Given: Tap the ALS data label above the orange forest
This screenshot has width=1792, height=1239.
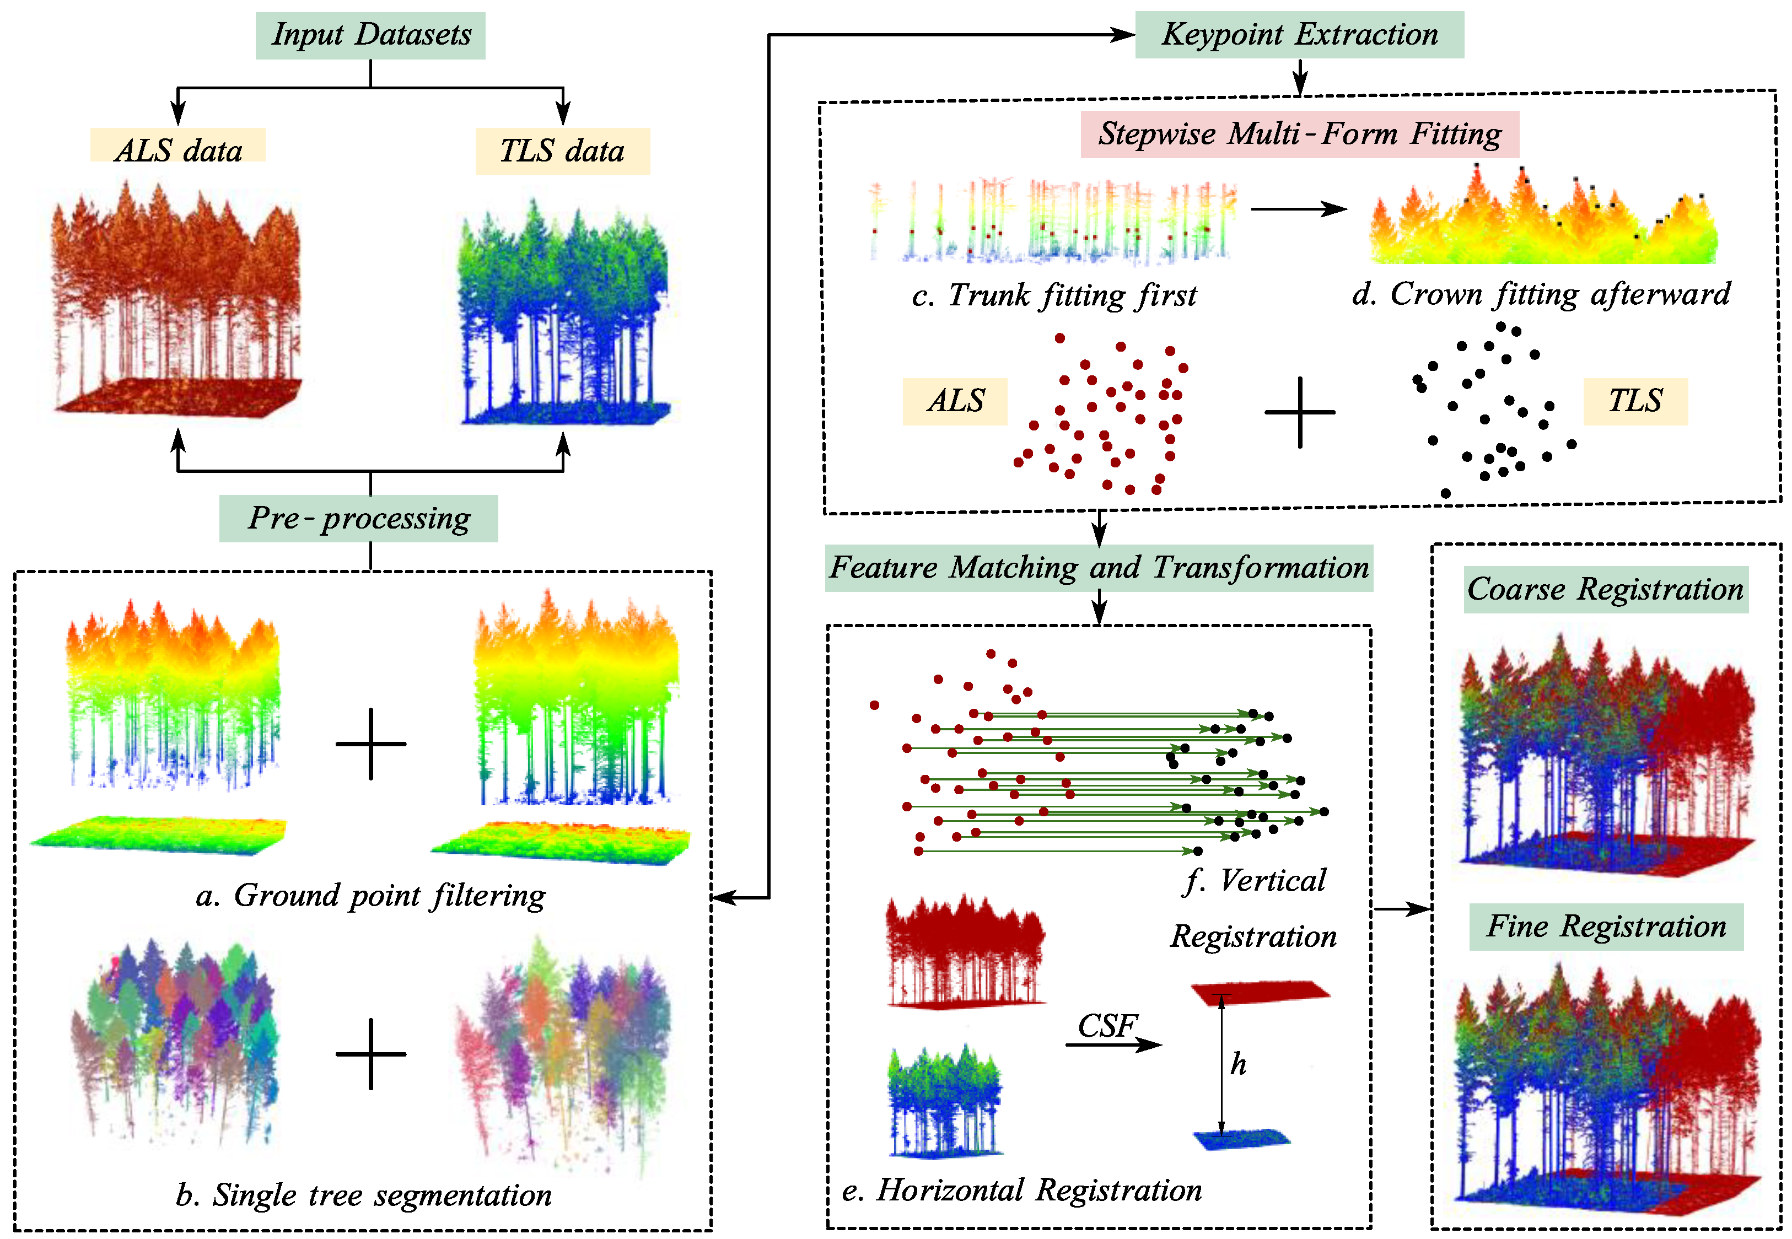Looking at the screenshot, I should (x=178, y=148).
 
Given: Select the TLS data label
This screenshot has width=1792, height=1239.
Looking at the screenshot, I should (x=562, y=150).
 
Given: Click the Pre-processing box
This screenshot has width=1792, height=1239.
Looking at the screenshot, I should (x=359, y=518).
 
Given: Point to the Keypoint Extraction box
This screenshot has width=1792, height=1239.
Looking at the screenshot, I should (x=1299, y=35).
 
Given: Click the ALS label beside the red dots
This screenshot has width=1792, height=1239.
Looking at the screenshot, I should (x=955, y=401).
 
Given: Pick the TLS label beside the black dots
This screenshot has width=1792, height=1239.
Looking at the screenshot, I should (x=1635, y=401).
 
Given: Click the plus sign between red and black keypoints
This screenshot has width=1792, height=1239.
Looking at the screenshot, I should (x=1300, y=412).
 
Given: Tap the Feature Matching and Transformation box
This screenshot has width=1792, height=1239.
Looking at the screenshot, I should (x=1099, y=568).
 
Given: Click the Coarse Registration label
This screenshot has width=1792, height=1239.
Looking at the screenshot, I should (x=1605, y=589).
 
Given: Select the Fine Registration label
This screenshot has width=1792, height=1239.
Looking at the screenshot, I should (x=1606, y=926).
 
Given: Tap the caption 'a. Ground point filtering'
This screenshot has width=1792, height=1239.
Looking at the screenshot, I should (x=370, y=896).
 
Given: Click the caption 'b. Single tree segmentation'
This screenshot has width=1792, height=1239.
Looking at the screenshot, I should (x=363, y=1195).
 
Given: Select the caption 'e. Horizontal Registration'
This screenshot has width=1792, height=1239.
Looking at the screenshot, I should (x=1022, y=1190).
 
